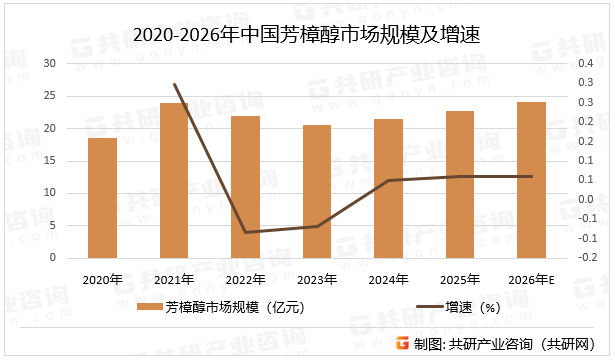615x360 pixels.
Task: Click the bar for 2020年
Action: (x=102, y=198)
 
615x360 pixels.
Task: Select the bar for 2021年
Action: (x=174, y=181)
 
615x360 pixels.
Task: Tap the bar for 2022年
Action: (x=246, y=187)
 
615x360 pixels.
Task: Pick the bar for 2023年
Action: (x=317, y=192)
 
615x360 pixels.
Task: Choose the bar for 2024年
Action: (x=388, y=189)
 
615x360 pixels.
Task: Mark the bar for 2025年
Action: (x=460, y=185)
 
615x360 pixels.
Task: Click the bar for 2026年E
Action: (x=531, y=180)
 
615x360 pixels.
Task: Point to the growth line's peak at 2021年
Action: (x=174, y=84)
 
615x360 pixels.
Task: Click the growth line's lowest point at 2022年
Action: (x=246, y=232)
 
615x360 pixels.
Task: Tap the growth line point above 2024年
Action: (x=388, y=180)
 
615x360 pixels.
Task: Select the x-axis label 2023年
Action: (x=317, y=279)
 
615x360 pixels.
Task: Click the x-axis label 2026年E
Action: (x=531, y=279)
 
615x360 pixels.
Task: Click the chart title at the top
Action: (x=307, y=34)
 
